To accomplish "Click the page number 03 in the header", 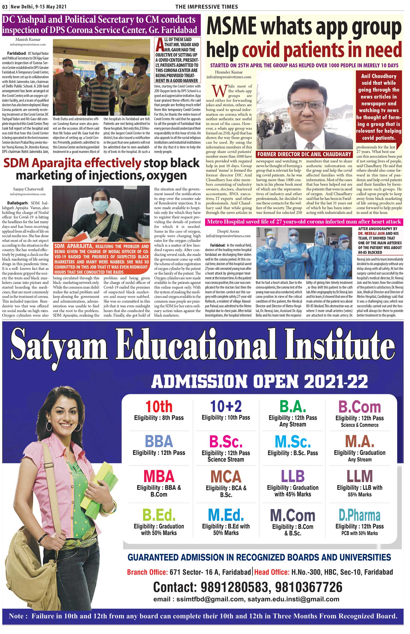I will [5, 7].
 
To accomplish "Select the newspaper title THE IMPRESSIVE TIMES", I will [206, 7].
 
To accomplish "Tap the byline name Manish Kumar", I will [28, 40].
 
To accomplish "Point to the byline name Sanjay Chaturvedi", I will [28, 189].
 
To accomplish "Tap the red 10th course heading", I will [159, 407].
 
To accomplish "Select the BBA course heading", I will [159, 441].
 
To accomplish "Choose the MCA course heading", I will [226, 477].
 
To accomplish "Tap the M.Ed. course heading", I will [226, 515].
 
